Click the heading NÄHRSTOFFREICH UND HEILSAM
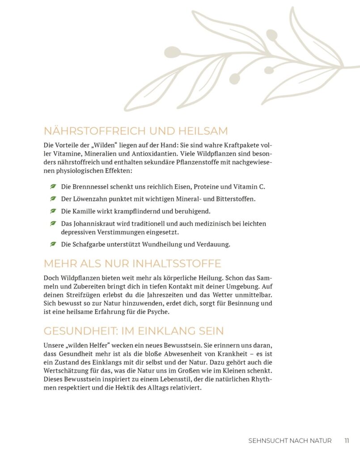pyautogui.click(x=136, y=131)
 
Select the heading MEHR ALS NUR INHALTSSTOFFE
pyautogui.click(x=132, y=263)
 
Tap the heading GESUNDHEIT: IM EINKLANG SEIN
pyautogui.click(x=133, y=331)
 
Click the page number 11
pyautogui.click(x=347, y=441)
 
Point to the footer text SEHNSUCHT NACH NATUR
pyautogui.click(x=290, y=441)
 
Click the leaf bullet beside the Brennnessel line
pyautogui.click(x=53, y=186)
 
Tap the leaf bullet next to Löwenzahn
pyautogui.click(x=53, y=198)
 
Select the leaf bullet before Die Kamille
pyautogui.click(x=53, y=211)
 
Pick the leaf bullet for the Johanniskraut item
pyautogui.click(x=53, y=223)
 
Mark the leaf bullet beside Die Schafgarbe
pyautogui.click(x=53, y=244)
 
